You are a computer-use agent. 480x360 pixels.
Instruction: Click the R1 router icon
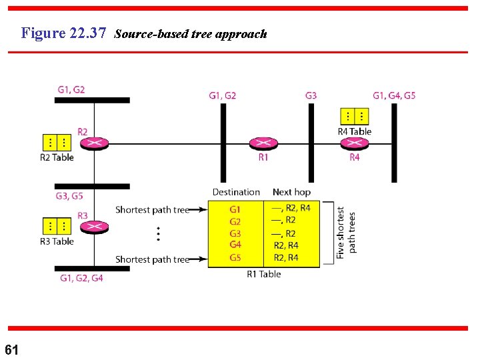(x=263, y=143)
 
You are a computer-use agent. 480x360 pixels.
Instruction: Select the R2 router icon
(x=94, y=143)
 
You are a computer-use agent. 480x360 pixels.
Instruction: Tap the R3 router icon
(x=94, y=227)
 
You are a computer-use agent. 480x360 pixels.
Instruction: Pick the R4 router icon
(x=355, y=143)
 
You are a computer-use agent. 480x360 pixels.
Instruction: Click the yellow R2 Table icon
(x=57, y=143)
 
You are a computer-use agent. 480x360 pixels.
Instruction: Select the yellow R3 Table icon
(x=57, y=226)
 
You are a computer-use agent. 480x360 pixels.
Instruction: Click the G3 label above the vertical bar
(x=311, y=95)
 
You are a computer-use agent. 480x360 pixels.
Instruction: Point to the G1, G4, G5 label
(x=394, y=95)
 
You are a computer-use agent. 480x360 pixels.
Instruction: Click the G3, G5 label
(x=69, y=196)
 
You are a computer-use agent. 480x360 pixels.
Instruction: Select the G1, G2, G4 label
(x=81, y=278)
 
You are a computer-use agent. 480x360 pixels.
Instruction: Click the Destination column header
(x=236, y=192)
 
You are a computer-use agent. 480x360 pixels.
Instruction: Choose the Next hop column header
(x=291, y=192)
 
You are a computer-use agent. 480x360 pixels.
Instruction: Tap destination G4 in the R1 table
(x=235, y=245)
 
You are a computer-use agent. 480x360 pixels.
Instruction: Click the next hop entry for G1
(x=291, y=208)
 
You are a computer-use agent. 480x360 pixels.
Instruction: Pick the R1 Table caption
(x=264, y=274)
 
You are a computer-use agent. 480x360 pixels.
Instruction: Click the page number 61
(x=12, y=349)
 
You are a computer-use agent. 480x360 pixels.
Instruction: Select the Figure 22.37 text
(x=63, y=33)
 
